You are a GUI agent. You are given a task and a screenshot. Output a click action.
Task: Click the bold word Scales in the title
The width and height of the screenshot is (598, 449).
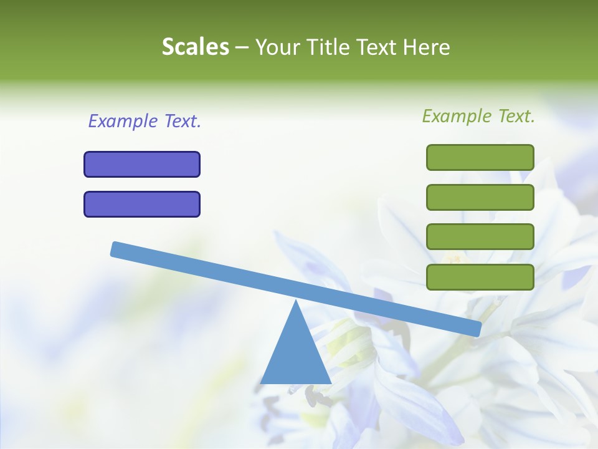click(195, 47)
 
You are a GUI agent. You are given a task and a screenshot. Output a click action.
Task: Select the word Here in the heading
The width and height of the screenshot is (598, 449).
click(427, 47)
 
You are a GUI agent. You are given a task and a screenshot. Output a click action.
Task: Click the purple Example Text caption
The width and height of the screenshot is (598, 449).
click(145, 121)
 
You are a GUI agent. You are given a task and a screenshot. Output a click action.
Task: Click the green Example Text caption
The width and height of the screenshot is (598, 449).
click(478, 116)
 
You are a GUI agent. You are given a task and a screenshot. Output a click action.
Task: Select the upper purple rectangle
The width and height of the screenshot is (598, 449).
click(142, 164)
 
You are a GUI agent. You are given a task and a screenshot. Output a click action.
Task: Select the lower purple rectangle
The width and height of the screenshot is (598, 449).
click(142, 204)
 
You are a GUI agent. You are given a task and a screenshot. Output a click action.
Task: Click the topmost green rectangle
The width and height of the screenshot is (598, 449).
click(480, 157)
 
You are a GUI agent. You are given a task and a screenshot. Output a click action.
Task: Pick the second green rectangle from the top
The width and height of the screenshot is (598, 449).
click(480, 197)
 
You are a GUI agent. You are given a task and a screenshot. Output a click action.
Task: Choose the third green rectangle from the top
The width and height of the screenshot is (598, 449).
click(480, 237)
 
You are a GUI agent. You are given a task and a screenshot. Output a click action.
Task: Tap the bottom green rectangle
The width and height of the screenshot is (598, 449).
click(480, 277)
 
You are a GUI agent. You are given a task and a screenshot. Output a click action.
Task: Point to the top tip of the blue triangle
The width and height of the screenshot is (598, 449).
click(296, 302)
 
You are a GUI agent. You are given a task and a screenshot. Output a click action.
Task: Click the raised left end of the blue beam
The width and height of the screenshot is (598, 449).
click(116, 249)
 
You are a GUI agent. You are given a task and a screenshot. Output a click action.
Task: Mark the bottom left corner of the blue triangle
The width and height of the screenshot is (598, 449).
click(262, 382)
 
